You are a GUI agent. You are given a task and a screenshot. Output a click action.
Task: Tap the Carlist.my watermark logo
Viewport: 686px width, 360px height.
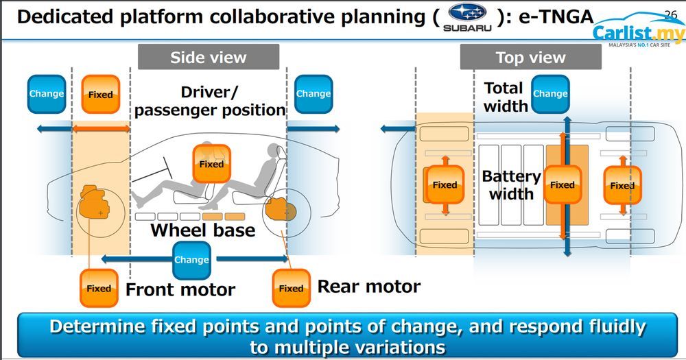click(637, 34)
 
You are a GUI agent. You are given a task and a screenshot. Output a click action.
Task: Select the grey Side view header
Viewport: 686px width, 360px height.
click(209, 57)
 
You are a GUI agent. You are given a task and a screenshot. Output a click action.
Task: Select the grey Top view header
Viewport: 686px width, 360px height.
click(530, 57)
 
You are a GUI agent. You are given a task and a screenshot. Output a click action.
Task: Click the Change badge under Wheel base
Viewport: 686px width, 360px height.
click(191, 260)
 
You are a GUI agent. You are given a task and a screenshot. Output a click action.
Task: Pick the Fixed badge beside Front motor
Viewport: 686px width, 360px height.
click(99, 288)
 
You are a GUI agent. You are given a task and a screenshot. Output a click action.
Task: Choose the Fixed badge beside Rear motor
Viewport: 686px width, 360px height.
click(291, 288)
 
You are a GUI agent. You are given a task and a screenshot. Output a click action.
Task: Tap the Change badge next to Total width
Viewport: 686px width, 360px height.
click(550, 94)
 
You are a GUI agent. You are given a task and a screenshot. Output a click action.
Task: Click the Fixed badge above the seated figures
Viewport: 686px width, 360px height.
click(211, 164)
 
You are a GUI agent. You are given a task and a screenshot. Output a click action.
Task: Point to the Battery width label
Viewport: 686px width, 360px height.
click(511, 185)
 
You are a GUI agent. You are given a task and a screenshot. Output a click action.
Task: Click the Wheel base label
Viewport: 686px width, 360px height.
click(202, 230)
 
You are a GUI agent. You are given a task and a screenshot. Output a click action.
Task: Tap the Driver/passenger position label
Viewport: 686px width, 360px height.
click(209, 101)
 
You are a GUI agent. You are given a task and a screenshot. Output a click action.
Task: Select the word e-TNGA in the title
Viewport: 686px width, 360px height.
click(554, 16)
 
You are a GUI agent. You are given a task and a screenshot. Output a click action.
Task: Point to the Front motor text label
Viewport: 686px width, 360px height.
click(180, 289)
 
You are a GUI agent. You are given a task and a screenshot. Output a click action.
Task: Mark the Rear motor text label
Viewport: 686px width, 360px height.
click(368, 286)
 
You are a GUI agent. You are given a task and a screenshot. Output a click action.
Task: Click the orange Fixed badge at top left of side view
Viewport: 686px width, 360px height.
click(101, 94)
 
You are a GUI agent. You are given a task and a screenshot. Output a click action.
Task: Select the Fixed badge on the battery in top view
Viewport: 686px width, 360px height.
click(562, 184)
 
